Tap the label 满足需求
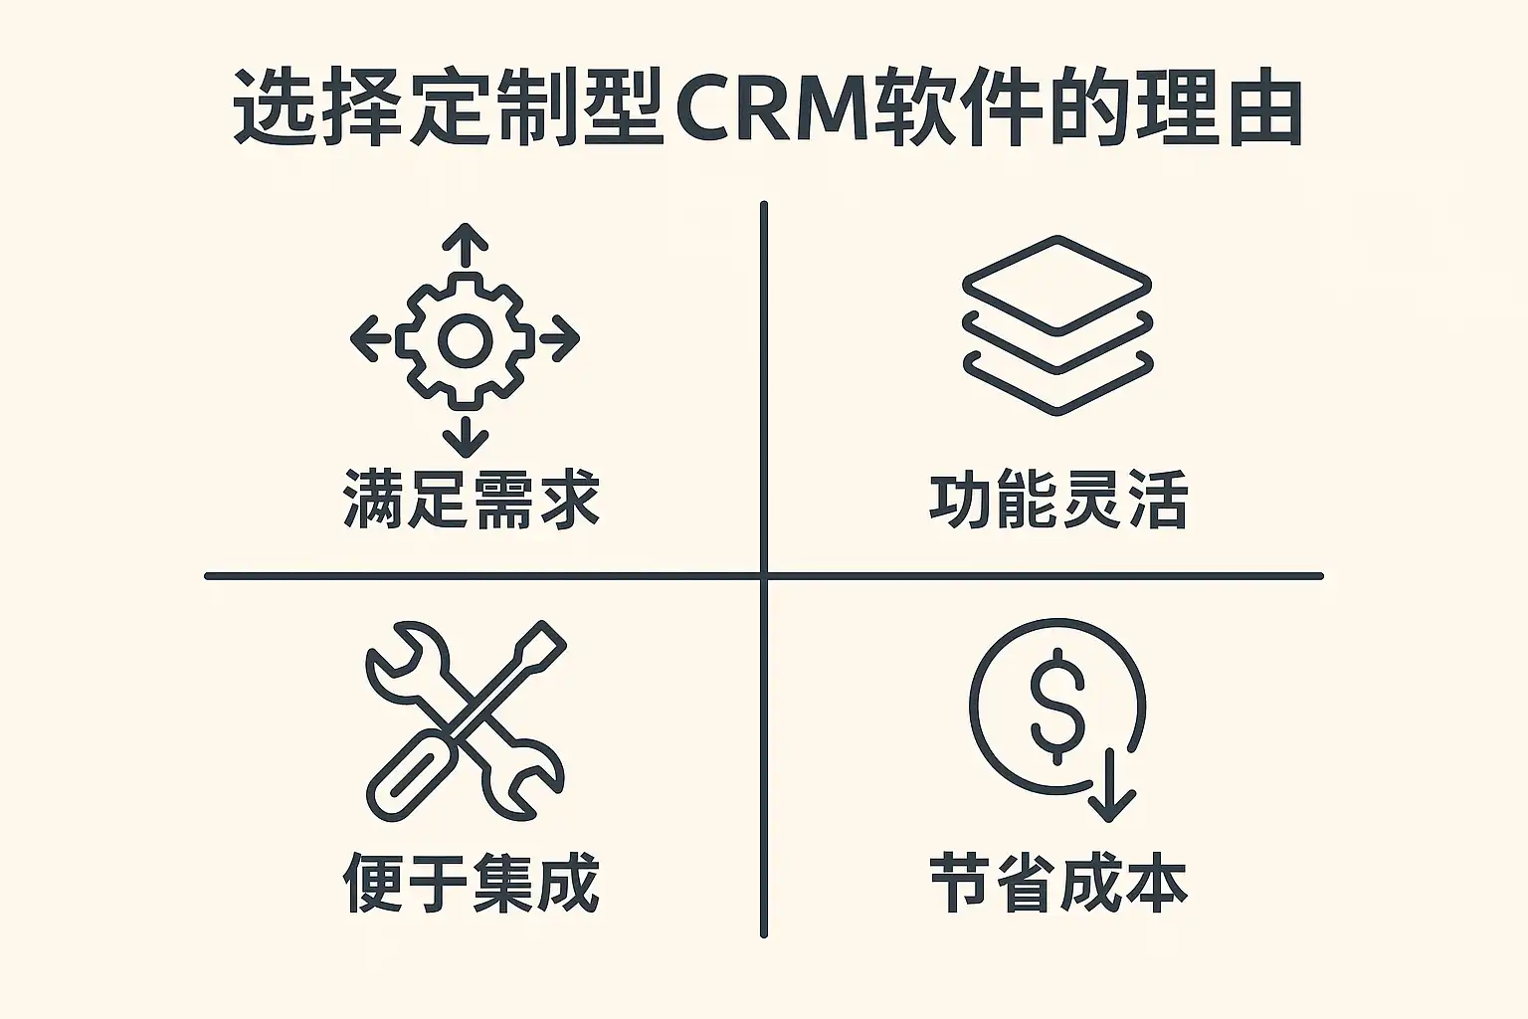471,499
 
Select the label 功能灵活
1057,501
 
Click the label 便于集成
471,883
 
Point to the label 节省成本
1057,883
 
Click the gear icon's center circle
465,341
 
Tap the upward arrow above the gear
465,245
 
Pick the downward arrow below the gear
465,437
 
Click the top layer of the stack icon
1056,282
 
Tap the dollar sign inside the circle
1056,705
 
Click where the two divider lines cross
763,575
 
